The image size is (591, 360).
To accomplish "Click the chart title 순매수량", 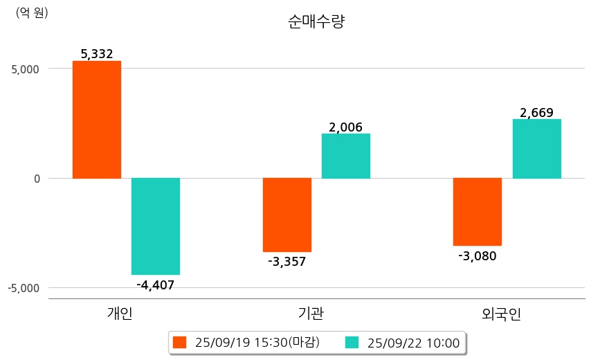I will click(x=316, y=21).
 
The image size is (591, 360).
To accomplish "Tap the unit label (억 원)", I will click(x=32, y=13).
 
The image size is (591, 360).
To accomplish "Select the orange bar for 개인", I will click(x=97, y=119).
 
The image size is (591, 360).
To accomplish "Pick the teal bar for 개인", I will click(x=156, y=226).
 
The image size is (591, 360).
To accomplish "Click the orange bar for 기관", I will click(x=287, y=215).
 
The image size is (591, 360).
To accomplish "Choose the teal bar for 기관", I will click(x=346, y=156).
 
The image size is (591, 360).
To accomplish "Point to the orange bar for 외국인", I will click(x=478, y=212).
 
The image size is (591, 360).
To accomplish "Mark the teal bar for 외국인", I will click(x=537, y=149).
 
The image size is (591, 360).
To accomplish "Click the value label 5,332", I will click(x=97, y=53).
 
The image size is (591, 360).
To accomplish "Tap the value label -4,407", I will click(x=156, y=285).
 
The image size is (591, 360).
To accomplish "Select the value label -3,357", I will click(x=287, y=262).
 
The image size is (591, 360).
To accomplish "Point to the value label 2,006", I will click(x=346, y=127).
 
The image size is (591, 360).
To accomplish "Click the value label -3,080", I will click(x=478, y=256).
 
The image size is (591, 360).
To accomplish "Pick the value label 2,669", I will click(x=537, y=112).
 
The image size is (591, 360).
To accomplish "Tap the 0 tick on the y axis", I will click(x=36, y=179).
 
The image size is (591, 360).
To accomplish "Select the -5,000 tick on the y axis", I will click(x=24, y=288).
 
